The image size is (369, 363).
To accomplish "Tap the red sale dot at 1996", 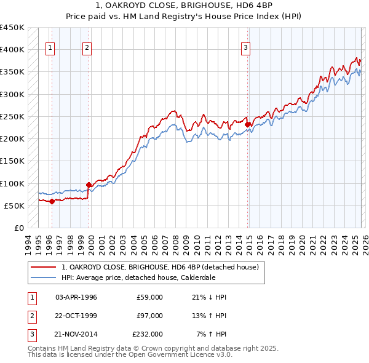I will [52, 201].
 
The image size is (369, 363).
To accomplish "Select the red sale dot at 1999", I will [89, 184].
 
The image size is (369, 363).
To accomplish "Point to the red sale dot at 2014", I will [248, 124].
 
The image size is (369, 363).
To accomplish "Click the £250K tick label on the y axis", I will [12, 116].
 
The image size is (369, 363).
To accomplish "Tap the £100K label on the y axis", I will [12, 183].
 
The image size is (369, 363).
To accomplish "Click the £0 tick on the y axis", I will [19, 228].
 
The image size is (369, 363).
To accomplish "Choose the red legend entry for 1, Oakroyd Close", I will [164, 267].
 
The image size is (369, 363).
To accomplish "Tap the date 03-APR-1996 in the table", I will [76, 297].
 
